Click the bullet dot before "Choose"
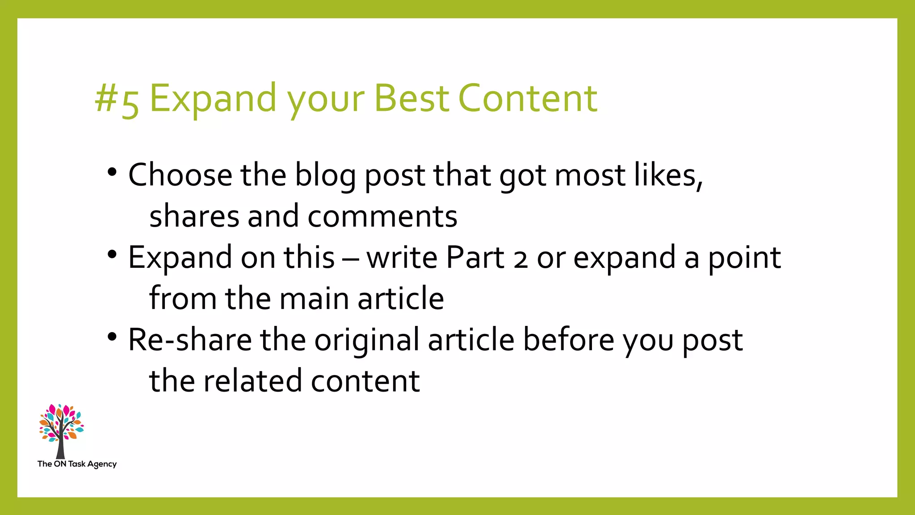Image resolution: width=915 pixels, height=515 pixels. pos(112,172)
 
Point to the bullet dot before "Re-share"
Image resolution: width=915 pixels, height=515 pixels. pos(112,337)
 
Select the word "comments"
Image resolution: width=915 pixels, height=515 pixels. pos(382,216)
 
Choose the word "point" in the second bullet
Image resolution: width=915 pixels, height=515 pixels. pos(745,258)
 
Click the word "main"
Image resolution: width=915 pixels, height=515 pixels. pos(314,299)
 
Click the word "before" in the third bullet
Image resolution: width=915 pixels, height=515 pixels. pos(569,340)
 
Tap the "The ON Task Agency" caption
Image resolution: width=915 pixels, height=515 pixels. pos(77,464)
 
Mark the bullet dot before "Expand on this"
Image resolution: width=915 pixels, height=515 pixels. pos(112,254)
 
